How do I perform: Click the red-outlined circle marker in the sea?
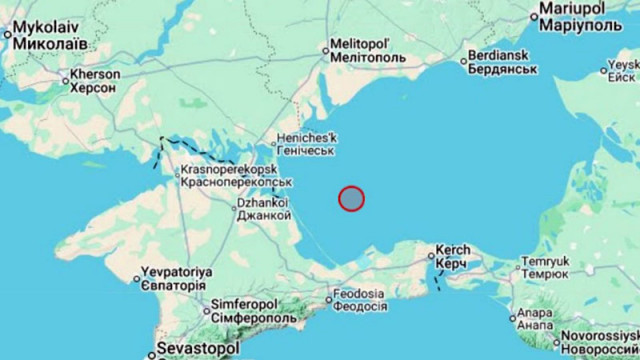coord(351,198)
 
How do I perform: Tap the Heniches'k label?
coord(310,142)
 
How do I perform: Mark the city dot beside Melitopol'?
coord(324,47)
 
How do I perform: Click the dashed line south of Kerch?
coord(437,277)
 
